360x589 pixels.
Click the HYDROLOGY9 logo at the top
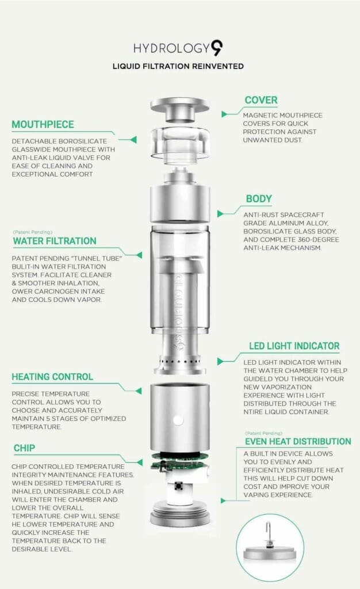click(x=178, y=48)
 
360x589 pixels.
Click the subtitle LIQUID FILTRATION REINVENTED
click(x=178, y=67)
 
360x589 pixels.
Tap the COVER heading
click(x=261, y=100)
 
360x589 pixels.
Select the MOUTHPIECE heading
click(x=43, y=125)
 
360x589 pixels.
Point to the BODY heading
click(x=259, y=199)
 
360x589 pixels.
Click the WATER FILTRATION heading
click(x=55, y=241)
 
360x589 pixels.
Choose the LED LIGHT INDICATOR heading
click(x=294, y=346)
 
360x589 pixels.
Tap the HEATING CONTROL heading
click(x=52, y=377)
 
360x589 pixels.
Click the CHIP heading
click(x=24, y=448)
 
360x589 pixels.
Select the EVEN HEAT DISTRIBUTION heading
click(x=298, y=441)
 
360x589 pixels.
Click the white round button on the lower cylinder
click(x=179, y=420)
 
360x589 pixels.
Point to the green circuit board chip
click(x=179, y=461)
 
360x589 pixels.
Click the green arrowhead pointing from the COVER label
click(x=224, y=114)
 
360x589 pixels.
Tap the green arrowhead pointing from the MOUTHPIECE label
click(x=133, y=140)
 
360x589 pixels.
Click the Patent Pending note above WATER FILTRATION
click(x=33, y=232)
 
